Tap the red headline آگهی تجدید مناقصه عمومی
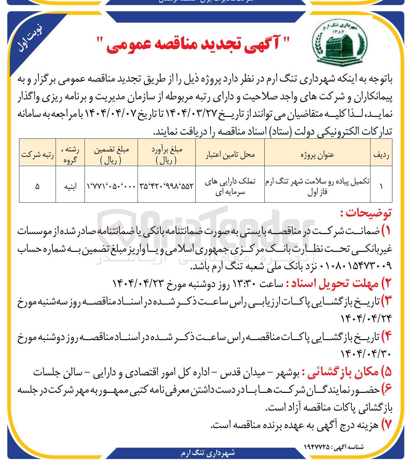pos(193,44)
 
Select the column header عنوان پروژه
pos(317,155)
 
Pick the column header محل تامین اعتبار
pos(230,155)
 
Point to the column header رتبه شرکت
pos(37,155)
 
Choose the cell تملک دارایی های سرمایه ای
pos(230,186)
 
